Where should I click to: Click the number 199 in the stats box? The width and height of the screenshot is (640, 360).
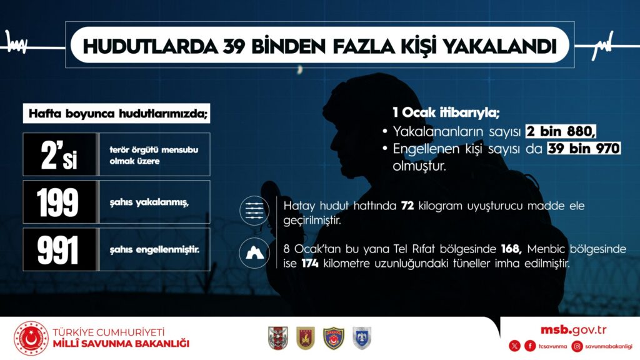point(57,202)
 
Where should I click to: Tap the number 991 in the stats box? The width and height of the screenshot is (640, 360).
point(57,250)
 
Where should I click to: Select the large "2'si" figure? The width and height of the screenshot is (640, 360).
point(59,155)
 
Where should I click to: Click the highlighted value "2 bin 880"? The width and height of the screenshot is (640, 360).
point(561,131)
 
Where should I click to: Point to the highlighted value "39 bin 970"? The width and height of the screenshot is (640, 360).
point(584,148)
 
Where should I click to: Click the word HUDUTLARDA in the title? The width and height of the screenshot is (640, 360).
point(151,46)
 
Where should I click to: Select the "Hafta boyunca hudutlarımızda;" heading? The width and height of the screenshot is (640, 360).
point(117,114)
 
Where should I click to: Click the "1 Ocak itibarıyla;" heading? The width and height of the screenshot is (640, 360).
point(446,112)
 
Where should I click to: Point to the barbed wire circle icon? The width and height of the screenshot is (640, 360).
point(254,211)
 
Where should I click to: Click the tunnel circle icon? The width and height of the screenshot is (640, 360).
point(254,253)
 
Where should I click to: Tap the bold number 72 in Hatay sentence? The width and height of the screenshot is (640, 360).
point(407,205)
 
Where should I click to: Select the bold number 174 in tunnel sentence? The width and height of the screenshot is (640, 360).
point(310,263)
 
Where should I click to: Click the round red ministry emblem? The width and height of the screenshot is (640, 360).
point(31,338)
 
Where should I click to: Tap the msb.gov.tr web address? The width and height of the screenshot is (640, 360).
point(574,330)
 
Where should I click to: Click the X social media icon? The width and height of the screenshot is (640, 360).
point(515,346)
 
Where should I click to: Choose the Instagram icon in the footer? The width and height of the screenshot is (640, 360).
point(577,346)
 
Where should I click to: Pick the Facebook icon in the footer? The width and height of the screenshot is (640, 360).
point(530,346)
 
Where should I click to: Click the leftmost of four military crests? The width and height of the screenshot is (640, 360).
point(278,338)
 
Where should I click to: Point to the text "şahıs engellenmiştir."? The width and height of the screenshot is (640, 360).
point(154,249)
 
